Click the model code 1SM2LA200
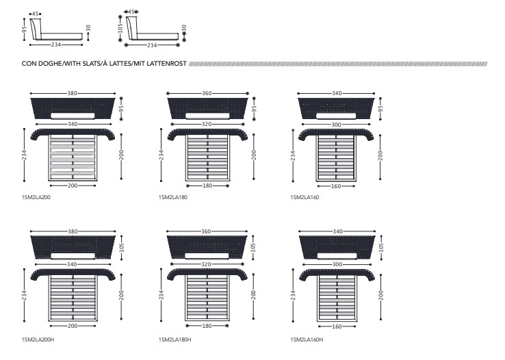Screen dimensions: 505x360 click(36, 197)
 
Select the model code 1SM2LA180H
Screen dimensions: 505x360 click(174, 339)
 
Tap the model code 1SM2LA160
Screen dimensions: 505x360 click(305, 197)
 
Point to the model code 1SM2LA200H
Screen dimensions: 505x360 click(38, 339)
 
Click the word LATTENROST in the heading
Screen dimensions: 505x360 click(166, 64)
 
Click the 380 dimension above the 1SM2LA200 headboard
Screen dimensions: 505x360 click(72, 93)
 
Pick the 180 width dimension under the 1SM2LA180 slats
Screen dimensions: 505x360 click(207, 185)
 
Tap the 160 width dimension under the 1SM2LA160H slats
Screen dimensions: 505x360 click(337, 326)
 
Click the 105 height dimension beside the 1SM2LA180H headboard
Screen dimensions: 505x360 click(253, 248)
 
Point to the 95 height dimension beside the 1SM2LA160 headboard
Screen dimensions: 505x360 click(380, 109)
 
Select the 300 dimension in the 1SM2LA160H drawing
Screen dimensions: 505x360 click(337, 264)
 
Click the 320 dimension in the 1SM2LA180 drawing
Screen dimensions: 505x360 click(207, 124)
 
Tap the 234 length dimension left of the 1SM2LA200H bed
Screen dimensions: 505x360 click(24, 295)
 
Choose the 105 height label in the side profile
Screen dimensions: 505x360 click(120, 28)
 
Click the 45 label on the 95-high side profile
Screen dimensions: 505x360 click(35, 14)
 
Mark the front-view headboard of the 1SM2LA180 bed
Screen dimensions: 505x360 click(208, 109)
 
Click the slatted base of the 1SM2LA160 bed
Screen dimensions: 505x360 click(336, 157)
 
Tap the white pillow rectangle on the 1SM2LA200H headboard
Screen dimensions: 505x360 click(73, 256)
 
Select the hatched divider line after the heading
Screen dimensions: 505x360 click(338, 64)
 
